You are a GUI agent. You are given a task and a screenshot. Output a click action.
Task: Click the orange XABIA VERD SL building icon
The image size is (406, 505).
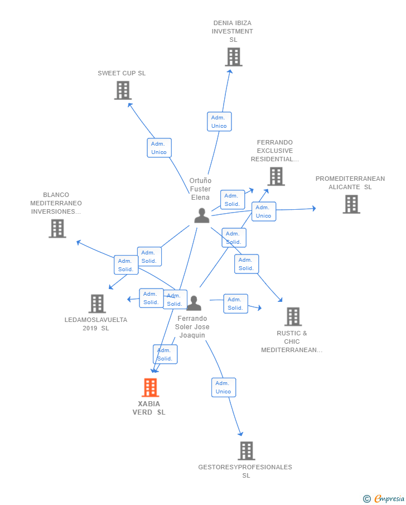151,387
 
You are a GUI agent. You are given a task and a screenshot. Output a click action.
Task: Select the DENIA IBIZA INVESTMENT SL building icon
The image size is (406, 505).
234,57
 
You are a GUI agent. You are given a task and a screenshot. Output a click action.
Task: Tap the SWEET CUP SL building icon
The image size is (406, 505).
123,90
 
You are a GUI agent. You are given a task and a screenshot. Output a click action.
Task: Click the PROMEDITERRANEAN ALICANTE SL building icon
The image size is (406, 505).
351,204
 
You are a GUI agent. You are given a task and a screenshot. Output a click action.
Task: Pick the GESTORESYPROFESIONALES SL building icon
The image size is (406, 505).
246,450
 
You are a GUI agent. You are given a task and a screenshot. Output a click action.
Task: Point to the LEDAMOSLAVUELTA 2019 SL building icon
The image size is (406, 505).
97,304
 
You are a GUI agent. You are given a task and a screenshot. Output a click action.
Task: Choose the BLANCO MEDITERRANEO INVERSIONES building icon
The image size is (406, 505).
57,229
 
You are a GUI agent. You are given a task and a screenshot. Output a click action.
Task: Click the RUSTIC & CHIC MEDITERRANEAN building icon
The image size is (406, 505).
293,316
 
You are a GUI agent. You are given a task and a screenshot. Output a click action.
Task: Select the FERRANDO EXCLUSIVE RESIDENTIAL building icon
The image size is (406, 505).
276,176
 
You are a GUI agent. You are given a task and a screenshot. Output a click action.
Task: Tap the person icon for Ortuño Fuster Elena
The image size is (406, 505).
202,215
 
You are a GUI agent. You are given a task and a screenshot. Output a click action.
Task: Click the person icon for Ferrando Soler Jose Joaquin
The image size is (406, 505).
194,303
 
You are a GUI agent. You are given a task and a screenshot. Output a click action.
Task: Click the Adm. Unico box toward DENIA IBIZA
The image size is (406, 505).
219,122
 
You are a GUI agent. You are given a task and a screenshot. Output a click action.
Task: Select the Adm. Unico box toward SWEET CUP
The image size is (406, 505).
159,148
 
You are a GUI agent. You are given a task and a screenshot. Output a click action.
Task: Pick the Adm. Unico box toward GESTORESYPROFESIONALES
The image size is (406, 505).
224,387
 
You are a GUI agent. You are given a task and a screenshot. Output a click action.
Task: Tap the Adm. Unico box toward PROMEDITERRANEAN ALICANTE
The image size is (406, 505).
264,211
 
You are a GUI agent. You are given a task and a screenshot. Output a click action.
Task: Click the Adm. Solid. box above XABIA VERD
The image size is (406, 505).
165,354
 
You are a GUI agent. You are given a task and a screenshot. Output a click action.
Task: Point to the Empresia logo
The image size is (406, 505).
384,498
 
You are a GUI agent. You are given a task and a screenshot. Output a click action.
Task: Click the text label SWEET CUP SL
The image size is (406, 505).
122,73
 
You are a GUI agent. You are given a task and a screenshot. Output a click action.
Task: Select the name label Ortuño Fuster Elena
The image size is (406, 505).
200,189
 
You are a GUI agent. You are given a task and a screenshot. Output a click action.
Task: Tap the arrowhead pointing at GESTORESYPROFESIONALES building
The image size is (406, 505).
241,434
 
